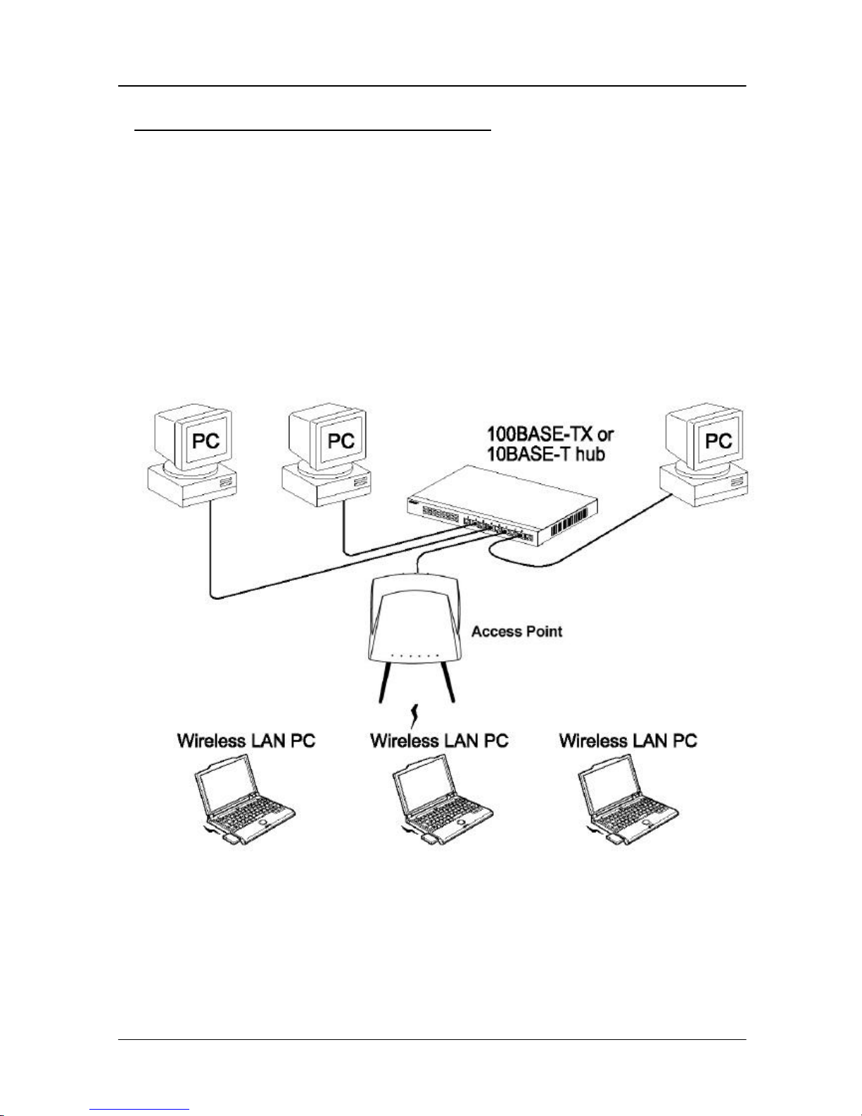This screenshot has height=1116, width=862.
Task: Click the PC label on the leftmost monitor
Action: click(x=206, y=441)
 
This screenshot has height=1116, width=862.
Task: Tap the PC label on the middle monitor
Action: click(x=341, y=441)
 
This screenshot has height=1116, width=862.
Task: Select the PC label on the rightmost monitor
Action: click(x=718, y=441)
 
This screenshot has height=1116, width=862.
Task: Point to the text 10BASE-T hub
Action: click(x=546, y=454)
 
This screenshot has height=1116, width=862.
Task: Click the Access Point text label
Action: click(x=516, y=632)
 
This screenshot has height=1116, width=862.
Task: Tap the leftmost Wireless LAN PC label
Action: click(x=246, y=741)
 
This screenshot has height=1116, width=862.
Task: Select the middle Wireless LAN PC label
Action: click(x=439, y=741)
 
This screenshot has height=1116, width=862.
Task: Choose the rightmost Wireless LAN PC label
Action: click(x=628, y=741)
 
